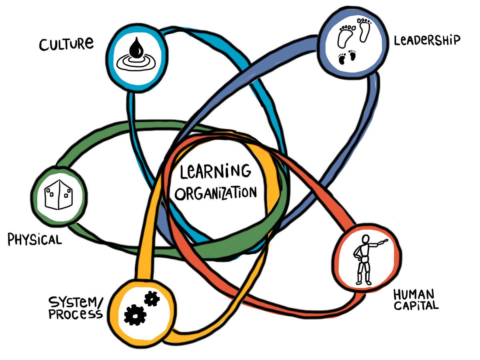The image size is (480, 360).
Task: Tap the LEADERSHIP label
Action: (x=427, y=40)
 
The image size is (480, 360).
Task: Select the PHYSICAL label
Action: (x=35, y=240)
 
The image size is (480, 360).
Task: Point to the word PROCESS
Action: (x=75, y=314)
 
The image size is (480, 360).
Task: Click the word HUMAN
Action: (x=414, y=295)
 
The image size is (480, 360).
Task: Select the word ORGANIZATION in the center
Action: (x=216, y=194)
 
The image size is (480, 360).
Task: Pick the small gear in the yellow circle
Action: (x=152, y=298)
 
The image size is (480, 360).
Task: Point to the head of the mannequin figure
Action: (x=365, y=239)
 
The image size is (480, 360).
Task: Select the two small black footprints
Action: (x=347, y=57)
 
